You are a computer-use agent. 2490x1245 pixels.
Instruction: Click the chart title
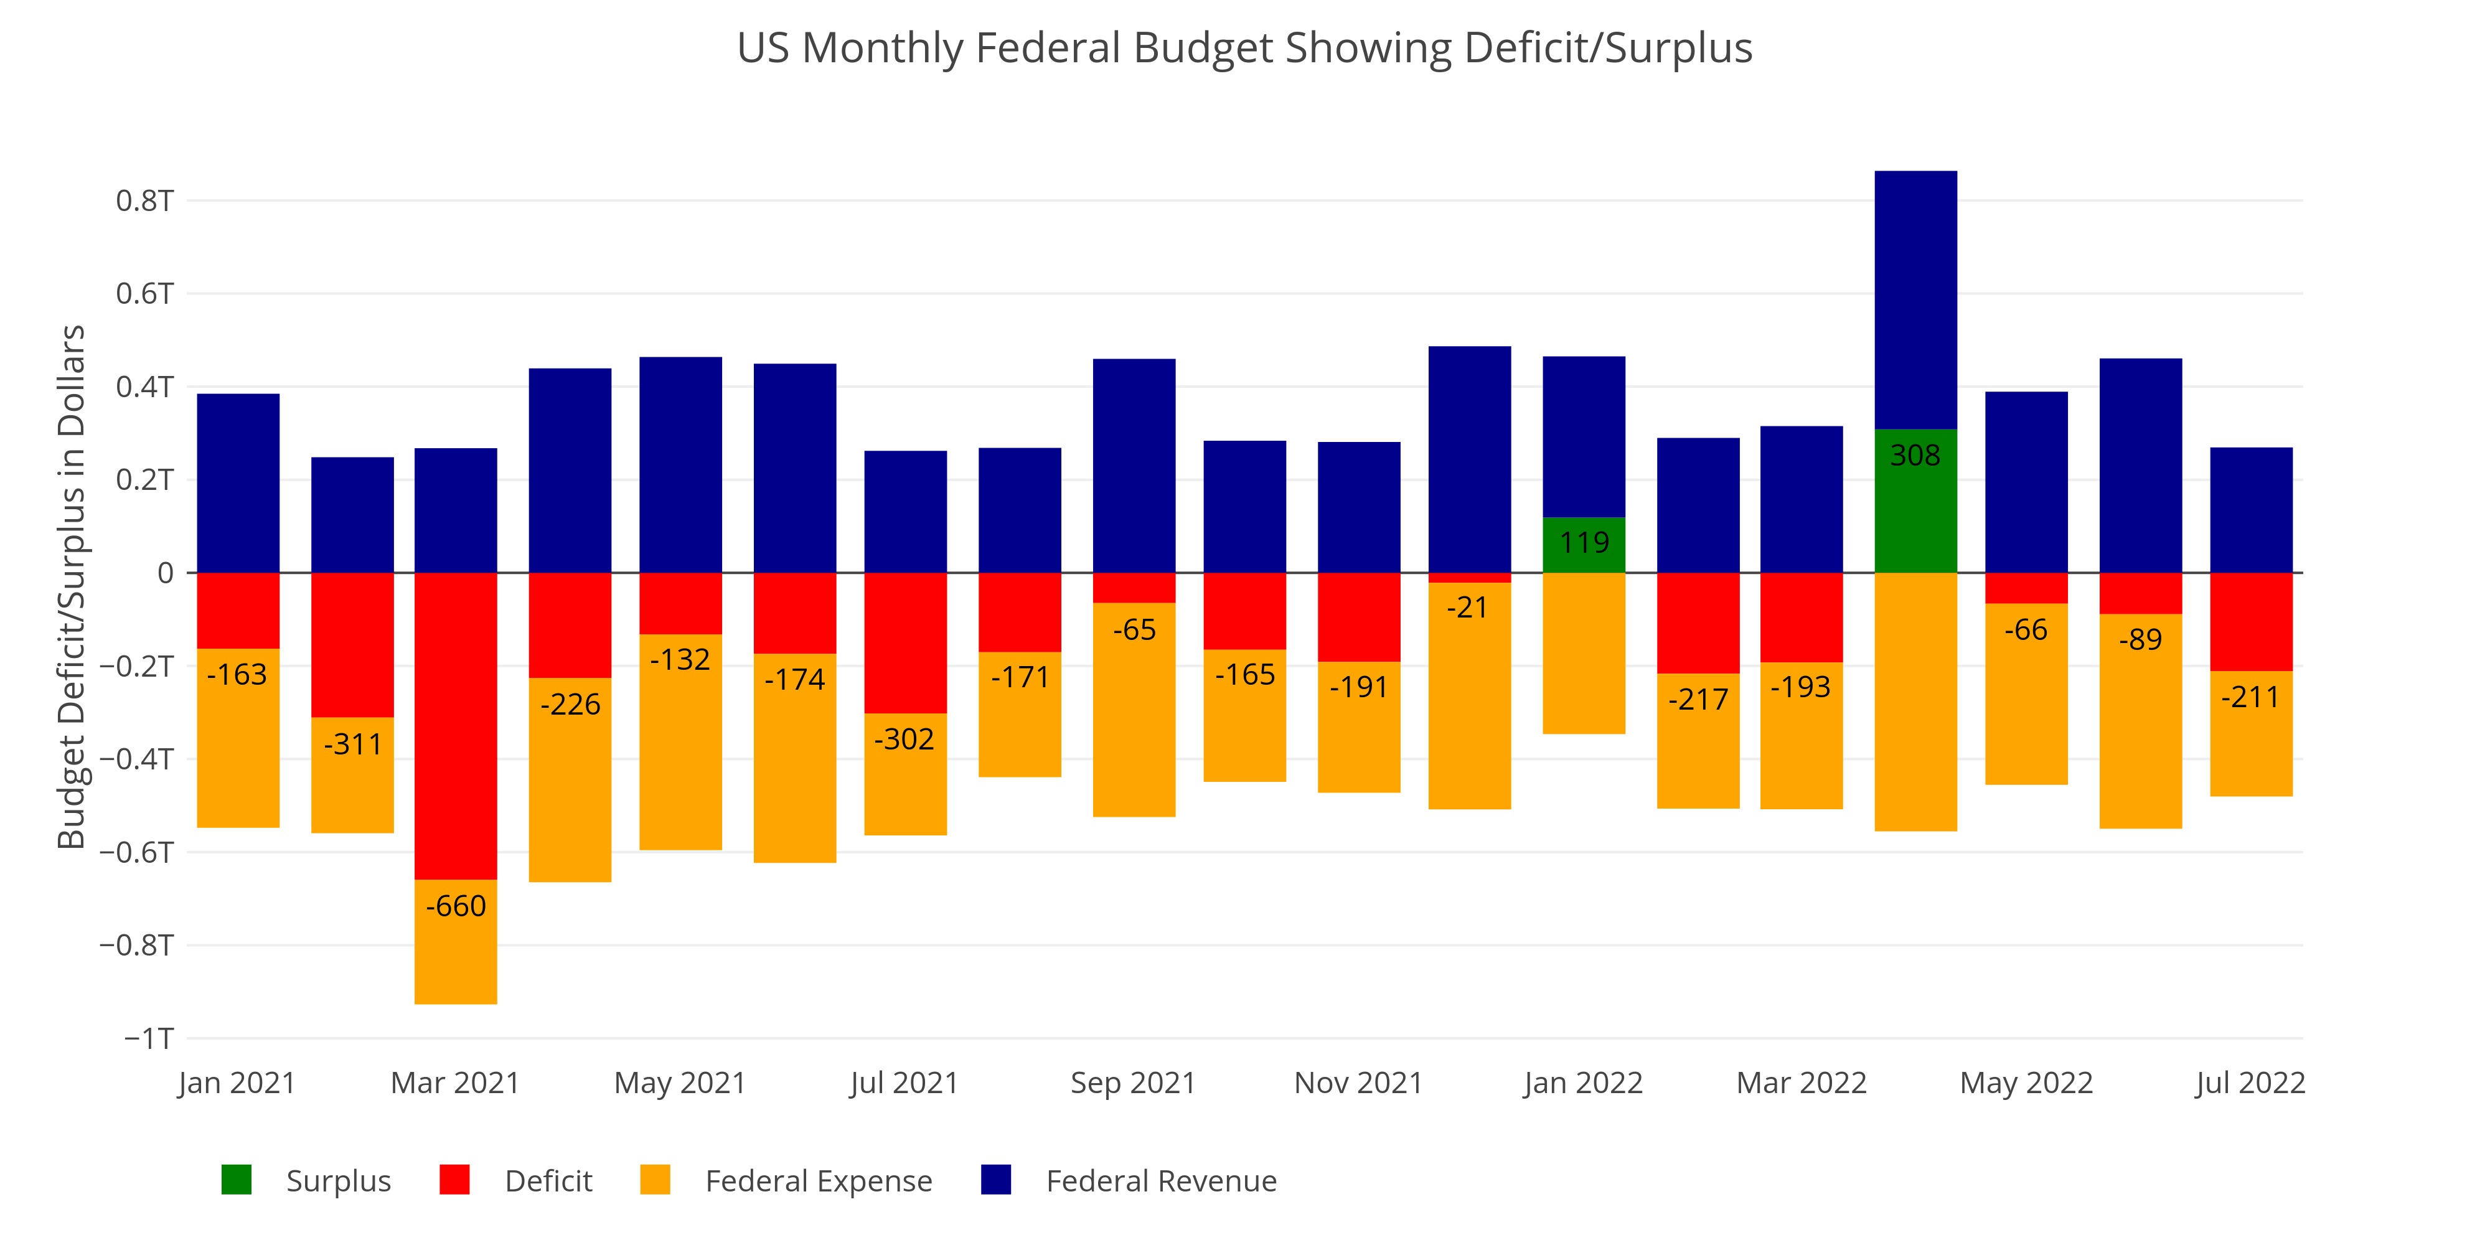point(1244,49)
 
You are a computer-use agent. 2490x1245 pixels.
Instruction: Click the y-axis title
point(72,587)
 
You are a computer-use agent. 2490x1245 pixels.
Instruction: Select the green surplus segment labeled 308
point(1915,500)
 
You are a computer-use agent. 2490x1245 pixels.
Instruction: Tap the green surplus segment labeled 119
point(1583,544)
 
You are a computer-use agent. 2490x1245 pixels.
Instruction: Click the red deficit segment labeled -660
point(455,725)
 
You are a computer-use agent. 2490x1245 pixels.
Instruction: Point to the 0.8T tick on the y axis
point(145,201)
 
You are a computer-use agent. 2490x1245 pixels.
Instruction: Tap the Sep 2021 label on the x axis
point(1133,1083)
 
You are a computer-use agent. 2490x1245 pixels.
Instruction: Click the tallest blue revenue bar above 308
point(1915,299)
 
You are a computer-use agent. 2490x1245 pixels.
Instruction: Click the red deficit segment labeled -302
point(904,643)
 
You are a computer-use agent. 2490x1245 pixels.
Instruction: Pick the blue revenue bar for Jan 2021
point(238,483)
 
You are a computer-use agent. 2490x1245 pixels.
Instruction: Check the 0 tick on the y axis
point(166,573)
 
